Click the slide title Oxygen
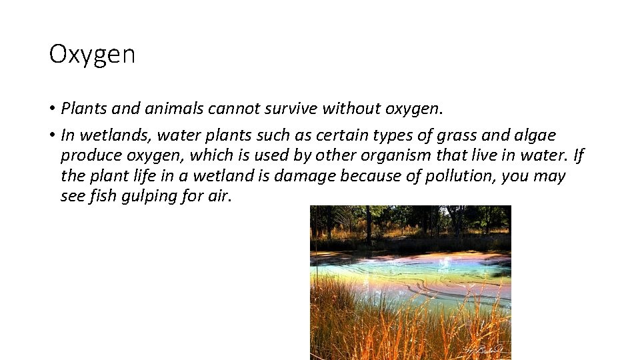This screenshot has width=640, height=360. pyautogui.click(x=92, y=55)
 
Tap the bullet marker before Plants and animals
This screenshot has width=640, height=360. pyautogui.click(x=52, y=109)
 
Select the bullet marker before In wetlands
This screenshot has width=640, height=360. pyautogui.click(x=52, y=136)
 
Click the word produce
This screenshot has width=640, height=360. pyautogui.click(x=87, y=156)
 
